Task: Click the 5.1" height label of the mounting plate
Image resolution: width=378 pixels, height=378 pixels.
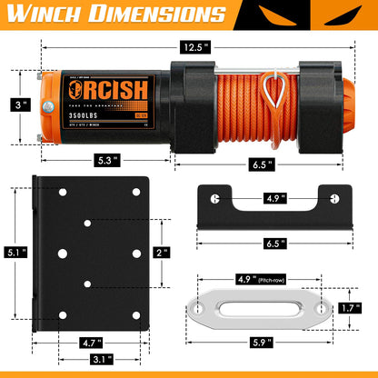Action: tap(14, 253)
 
